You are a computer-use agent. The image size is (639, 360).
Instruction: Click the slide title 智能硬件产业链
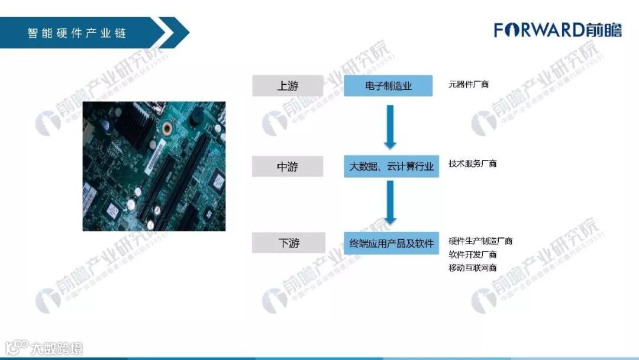tap(77, 33)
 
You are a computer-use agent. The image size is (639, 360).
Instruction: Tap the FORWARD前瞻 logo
tap(557, 30)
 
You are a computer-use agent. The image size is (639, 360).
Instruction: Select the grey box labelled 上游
tap(288, 86)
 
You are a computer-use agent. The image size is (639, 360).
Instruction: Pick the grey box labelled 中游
tap(288, 166)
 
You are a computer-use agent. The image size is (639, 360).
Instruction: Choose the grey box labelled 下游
tap(288, 243)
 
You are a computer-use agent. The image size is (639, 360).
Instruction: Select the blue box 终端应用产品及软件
tap(391, 243)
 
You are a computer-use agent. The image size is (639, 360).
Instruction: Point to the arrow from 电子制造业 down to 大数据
tap(389, 126)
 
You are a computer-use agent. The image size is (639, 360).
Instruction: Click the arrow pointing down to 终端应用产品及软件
tap(389, 202)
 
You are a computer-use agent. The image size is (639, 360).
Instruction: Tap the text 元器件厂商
tap(469, 85)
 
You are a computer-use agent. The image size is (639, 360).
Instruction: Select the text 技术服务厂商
tap(472, 163)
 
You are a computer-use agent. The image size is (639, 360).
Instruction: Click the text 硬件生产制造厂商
tap(480, 241)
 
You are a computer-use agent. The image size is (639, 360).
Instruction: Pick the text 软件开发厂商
tap(472, 255)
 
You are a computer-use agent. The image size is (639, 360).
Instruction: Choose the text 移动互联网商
tap(472, 268)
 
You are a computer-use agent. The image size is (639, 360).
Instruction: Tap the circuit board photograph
tap(154, 166)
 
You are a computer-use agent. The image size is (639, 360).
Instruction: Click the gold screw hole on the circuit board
tap(167, 128)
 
